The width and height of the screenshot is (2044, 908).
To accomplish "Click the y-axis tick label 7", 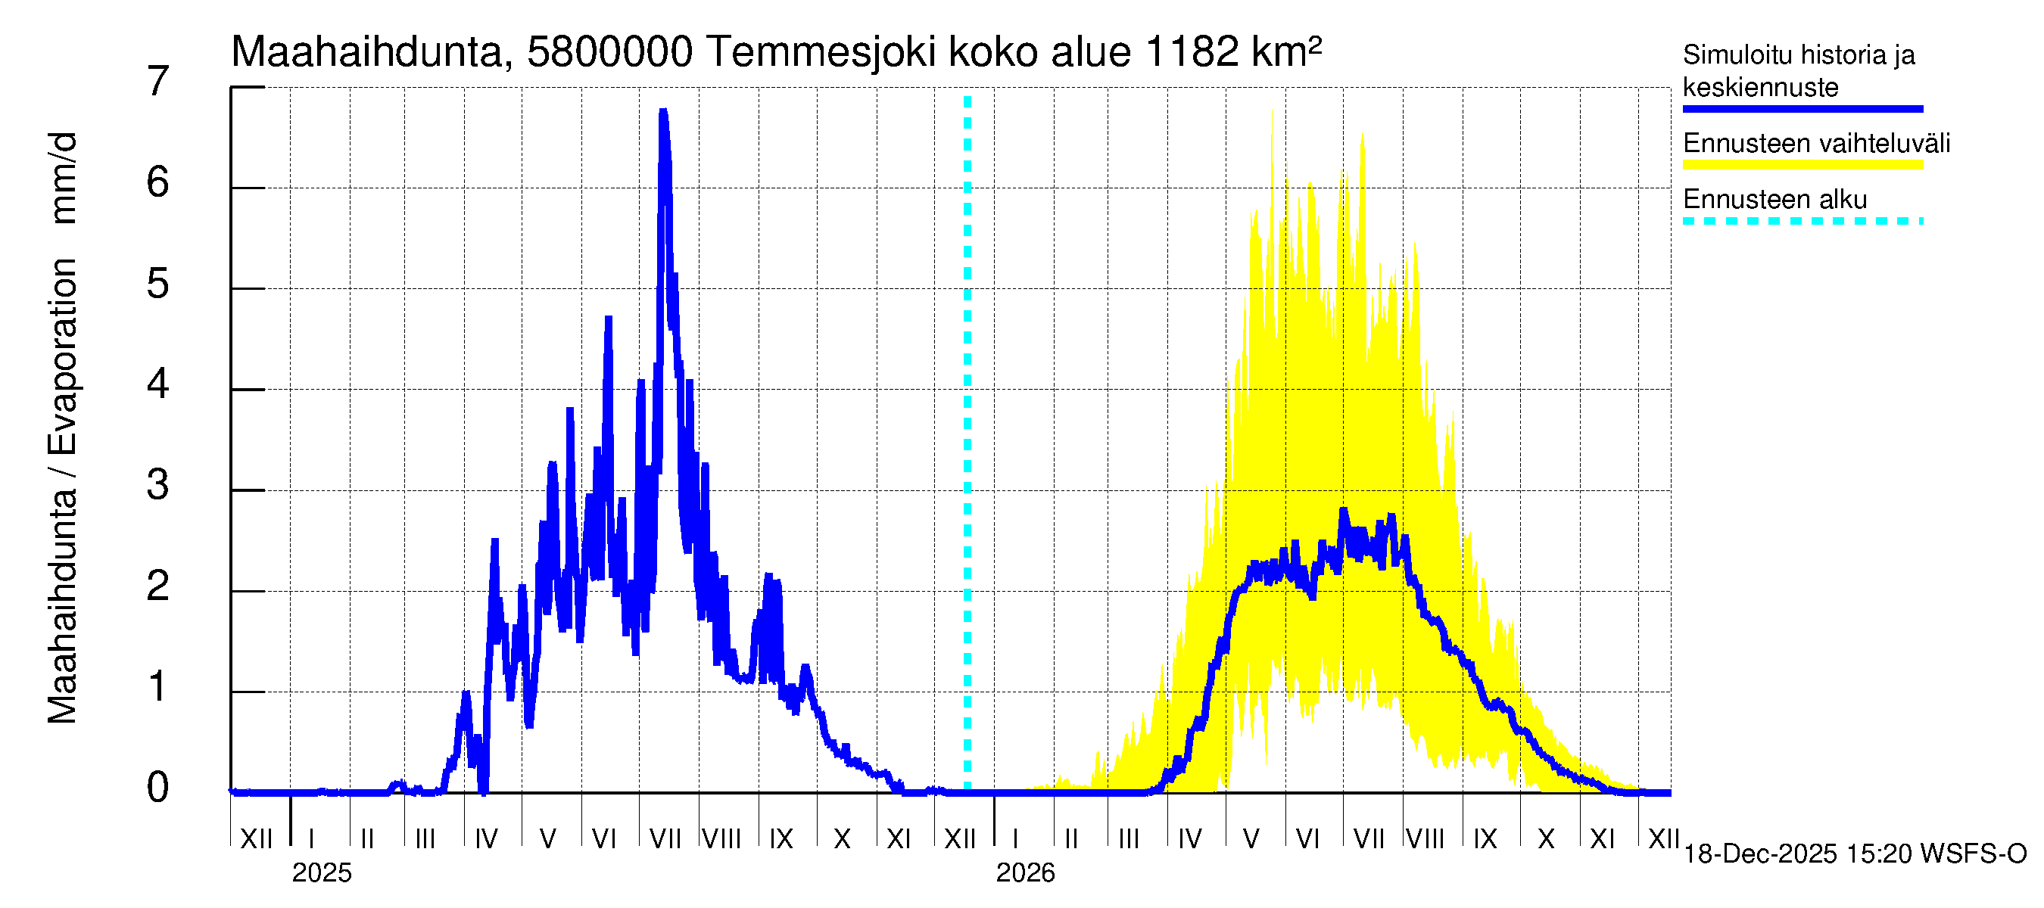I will click(158, 82).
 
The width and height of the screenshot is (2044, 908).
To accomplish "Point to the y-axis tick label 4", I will click(158, 384).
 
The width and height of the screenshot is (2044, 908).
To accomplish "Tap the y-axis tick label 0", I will click(158, 788).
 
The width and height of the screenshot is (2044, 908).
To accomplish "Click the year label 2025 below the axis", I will click(321, 873).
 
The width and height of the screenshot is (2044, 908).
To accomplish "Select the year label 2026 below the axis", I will click(1025, 873).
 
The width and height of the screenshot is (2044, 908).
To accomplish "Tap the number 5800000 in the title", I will click(609, 52).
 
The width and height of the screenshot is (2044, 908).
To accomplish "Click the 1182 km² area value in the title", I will click(1233, 52).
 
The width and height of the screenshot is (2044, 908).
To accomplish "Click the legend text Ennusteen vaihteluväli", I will click(1816, 144).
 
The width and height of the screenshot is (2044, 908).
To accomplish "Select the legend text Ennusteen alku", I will click(1775, 199).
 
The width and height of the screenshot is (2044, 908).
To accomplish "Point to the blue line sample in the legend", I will click(1803, 110).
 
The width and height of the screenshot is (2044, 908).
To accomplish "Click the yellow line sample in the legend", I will click(1803, 165).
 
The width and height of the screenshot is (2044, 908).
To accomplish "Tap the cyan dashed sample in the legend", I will click(1803, 221).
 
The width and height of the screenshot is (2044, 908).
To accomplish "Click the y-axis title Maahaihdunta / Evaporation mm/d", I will click(63, 428).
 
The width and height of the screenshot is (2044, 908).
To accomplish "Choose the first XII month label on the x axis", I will click(256, 839).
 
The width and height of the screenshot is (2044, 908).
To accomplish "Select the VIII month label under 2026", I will click(1425, 839).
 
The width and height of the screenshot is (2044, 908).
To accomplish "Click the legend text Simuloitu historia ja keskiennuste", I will click(1799, 70).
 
